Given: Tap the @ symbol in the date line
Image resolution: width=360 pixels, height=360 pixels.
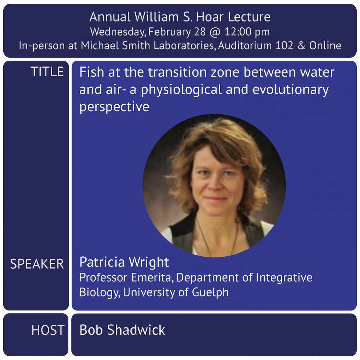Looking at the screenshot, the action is click(x=215, y=32).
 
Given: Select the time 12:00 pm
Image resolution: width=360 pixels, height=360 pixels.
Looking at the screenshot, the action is click(x=247, y=32).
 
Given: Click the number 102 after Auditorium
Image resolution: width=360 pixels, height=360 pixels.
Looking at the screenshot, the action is click(x=284, y=46).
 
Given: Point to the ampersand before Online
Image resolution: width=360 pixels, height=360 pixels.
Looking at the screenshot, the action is click(x=301, y=46).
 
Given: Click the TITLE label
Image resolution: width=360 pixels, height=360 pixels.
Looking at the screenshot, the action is click(x=47, y=72).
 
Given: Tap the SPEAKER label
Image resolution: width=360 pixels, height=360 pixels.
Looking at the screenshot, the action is click(x=37, y=264).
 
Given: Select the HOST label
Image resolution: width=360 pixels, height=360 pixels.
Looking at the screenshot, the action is click(x=48, y=330).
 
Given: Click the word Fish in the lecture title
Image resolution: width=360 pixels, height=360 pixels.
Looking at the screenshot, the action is click(x=92, y=72).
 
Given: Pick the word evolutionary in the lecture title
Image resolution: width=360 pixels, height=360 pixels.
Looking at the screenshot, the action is click(x=290, y=90).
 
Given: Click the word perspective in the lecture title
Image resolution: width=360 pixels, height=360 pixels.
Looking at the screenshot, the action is click(x=114, y=107).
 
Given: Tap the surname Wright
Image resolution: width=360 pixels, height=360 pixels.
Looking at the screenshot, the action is click(x=149, y=262).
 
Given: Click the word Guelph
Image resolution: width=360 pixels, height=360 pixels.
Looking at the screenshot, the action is click(x=210, y=292).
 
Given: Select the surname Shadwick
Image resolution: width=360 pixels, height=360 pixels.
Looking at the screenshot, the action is click(x=136, y=330).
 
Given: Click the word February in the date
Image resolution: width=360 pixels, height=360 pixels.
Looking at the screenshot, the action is click(x=170, y=32).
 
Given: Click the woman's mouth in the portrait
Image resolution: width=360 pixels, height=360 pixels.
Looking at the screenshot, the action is click(x=215, y=199).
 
